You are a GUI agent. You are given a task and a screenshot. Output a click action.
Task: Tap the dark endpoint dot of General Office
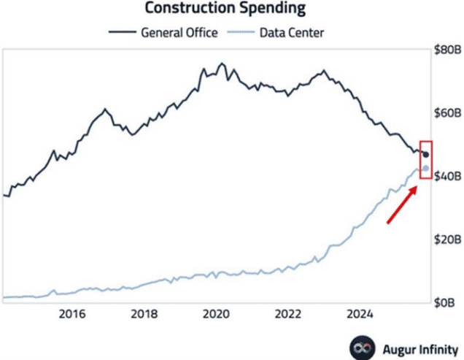click(426, 154)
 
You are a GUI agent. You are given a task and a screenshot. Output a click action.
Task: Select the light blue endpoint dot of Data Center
click(426, 169)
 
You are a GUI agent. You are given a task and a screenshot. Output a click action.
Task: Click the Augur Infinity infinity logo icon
click(360, 347)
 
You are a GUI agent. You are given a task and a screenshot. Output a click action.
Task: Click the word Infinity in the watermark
click(435, 347)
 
